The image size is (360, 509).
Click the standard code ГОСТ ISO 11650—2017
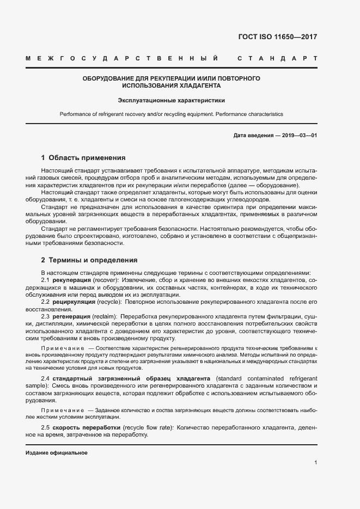[277, 37]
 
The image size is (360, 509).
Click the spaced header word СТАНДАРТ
[277, 58]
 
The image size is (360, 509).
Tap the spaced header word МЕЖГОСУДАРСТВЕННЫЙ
[123, 58]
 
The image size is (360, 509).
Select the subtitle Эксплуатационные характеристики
[172, 100]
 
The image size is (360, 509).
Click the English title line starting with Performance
[172, 114]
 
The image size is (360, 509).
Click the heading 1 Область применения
[83, 158]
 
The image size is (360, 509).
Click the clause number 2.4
[46, 378]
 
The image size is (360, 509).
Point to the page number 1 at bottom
[315, 463]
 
